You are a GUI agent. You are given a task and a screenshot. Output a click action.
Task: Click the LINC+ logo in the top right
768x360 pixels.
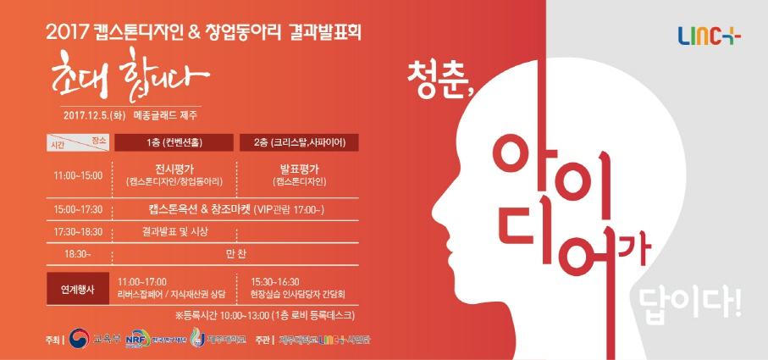709,36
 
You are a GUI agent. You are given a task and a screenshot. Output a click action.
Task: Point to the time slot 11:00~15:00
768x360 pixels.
77,175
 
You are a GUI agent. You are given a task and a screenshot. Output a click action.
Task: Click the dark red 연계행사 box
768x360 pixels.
77,288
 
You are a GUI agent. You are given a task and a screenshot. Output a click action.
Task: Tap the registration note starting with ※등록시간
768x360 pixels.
263,315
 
